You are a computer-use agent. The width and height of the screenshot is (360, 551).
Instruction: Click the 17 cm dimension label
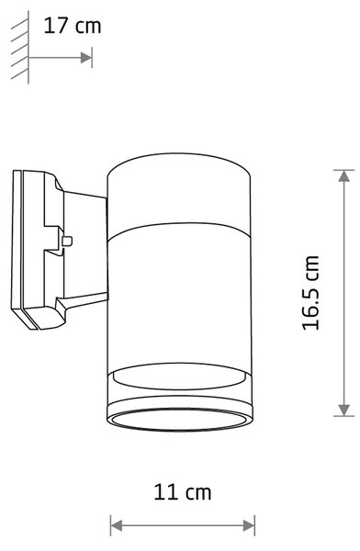(x=73, y=27)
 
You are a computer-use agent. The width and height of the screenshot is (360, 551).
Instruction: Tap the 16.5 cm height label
(x=310, y=293)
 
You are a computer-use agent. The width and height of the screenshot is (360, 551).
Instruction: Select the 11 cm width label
(x=183, y=492)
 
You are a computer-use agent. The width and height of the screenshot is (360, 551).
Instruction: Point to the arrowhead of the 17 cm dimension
(x=85, y=57)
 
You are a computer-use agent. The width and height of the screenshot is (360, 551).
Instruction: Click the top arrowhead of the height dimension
(x=343, y=175)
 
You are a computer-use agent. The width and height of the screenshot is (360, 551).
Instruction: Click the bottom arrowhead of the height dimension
(x=343, y=410)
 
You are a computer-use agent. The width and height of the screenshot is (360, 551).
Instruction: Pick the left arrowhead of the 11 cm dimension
(x=117, y=525)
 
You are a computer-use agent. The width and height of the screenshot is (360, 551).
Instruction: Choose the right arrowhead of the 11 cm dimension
(x=249, y=525)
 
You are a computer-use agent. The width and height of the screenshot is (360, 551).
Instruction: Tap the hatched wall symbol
(x=20, y=48)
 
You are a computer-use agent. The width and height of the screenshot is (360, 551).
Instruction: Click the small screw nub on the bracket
(x=67, y=241)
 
